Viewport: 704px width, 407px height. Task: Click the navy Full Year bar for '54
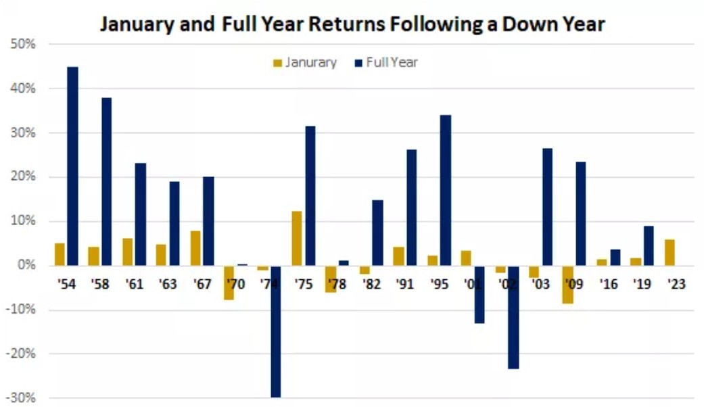(x=73, y=166)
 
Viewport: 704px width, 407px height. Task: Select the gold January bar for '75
(x=297, y=238)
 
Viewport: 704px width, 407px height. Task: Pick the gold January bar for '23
(x=670, y=252)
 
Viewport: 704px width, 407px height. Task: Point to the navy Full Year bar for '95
(x=446, y=190)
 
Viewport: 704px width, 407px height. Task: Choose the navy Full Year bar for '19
(x=649, y=245)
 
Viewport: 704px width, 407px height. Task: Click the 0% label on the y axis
(x=26, y=266)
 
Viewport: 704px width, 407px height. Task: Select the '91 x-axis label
(x=405, y=285)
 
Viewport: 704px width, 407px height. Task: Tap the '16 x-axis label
(x=608, y=285)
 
